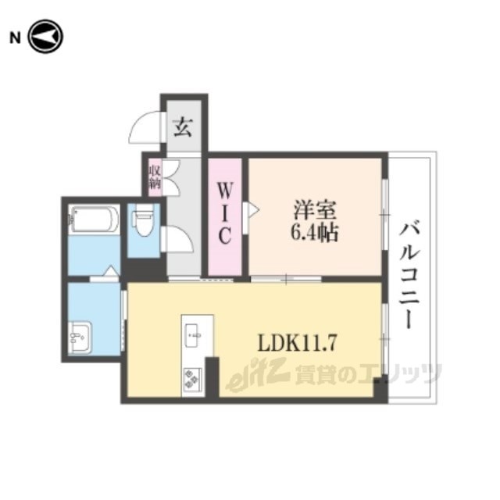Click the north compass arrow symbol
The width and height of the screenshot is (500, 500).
tap(45, 37)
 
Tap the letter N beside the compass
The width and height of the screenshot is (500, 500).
tap(15, 38)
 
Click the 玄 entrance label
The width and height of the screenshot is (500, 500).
tap(183, 127)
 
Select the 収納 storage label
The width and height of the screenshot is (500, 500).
tap(155, 177)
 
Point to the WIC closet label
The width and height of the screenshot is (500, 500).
tap(225, 212)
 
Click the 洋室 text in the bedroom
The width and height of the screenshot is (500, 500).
tap(315, 210)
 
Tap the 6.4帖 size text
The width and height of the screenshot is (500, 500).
tap(314, 234)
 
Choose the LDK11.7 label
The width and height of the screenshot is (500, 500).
tap(297, 342)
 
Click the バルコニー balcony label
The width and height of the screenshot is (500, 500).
tap(409, 275)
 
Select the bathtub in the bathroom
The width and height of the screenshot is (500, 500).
tap(94, 220)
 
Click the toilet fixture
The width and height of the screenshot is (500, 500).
tap(144, 220)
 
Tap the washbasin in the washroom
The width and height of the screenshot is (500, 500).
tap(80, 337)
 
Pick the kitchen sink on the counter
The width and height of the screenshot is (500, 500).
tap(193, 335)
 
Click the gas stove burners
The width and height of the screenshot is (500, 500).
tap(192, 379)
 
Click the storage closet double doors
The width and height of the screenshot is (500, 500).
tap(172, 178)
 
